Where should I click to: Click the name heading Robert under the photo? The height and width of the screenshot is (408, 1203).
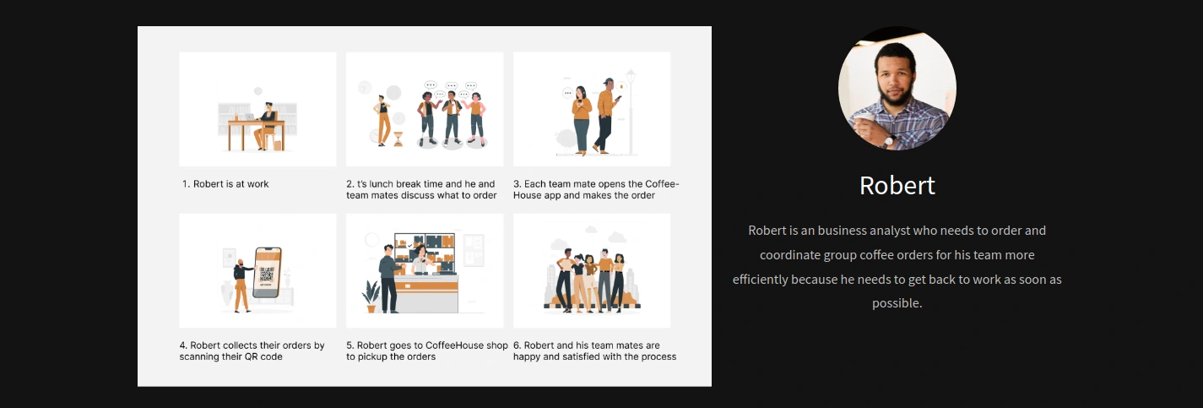(x=897, y=186)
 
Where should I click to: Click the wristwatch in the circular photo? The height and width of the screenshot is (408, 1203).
(x=889, y=141)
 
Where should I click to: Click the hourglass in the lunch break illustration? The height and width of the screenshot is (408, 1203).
(x=398, y=139)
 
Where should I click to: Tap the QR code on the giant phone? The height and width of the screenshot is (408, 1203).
(x=267, y=275)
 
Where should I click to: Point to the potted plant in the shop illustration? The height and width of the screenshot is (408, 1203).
(x=371, y=296)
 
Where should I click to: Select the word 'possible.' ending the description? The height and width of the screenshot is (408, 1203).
(x=897, y=303)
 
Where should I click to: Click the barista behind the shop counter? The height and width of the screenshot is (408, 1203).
(x=421, y=260)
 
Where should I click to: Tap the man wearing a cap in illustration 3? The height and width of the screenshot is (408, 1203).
(x=605, y=116)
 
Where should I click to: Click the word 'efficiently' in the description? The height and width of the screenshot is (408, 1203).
(x=760, y=280)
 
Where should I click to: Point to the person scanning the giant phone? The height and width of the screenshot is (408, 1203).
(x=242, y=286)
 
